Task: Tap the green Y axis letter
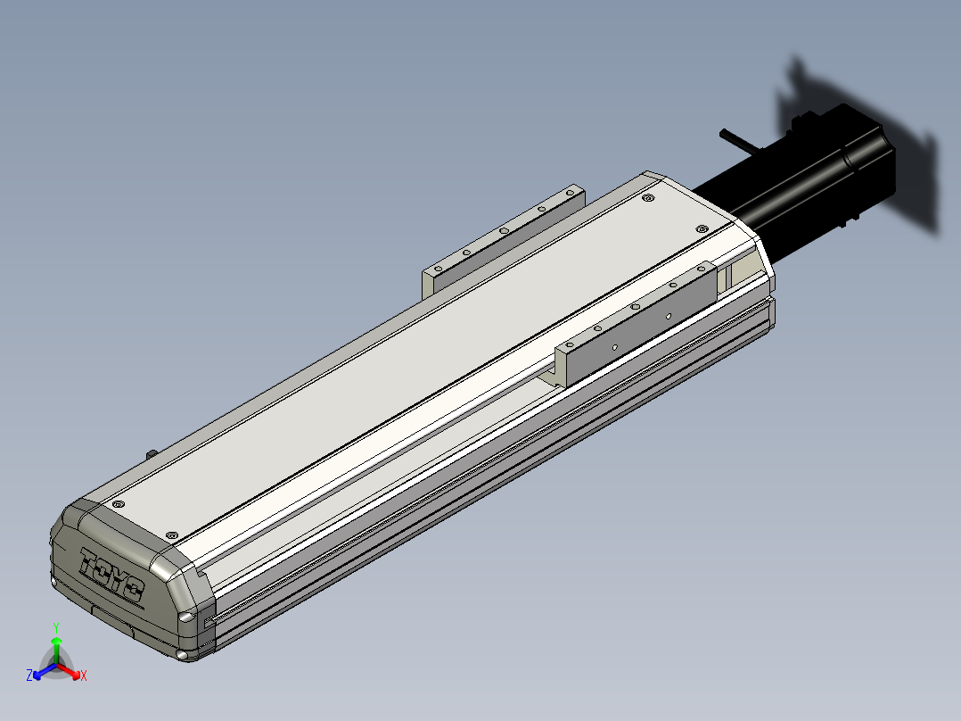pos(56,627)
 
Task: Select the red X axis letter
pos(84,675)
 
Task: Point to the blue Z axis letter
pos(29,675)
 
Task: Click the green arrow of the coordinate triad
pos(56,651)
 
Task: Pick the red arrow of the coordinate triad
pos(69,671)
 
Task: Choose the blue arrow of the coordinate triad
pos(45,671)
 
